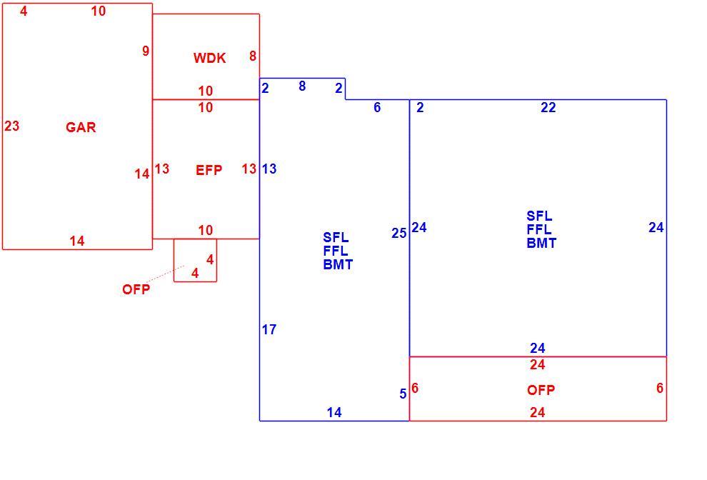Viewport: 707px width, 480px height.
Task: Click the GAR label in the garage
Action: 81,127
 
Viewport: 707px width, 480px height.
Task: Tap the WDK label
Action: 210,58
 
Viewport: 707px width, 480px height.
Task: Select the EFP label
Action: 209,170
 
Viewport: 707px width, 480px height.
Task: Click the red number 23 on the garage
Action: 11,126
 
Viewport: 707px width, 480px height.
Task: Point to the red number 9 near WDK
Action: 146,51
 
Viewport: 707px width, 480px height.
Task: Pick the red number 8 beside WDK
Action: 253,56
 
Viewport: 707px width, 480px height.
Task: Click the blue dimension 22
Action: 548,107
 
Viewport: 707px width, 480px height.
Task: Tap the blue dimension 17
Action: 269,330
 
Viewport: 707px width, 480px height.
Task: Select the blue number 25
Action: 399,234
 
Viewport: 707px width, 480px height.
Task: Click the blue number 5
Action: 403,394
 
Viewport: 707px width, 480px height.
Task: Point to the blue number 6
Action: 377,107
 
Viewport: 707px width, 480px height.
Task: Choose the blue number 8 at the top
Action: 302,86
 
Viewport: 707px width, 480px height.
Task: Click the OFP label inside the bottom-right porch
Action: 541,390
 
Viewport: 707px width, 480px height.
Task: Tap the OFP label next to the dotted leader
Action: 136,289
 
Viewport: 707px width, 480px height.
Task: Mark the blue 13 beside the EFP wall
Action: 269,169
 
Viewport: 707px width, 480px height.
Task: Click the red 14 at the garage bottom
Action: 77,241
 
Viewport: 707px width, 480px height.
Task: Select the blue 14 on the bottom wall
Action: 334,412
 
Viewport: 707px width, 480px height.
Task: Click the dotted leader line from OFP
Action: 165,274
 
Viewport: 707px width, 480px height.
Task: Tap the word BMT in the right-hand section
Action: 541,243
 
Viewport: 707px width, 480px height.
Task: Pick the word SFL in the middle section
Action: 336,237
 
